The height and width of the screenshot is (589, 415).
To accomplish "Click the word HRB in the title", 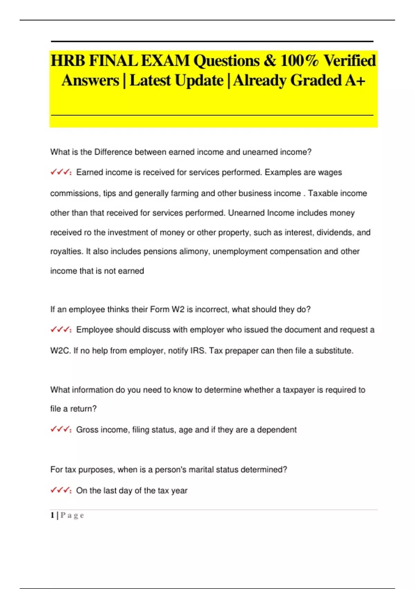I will point(68,61).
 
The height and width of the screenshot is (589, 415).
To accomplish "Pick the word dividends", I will point(334,232).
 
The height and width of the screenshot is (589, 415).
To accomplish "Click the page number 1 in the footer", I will point(52,516).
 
